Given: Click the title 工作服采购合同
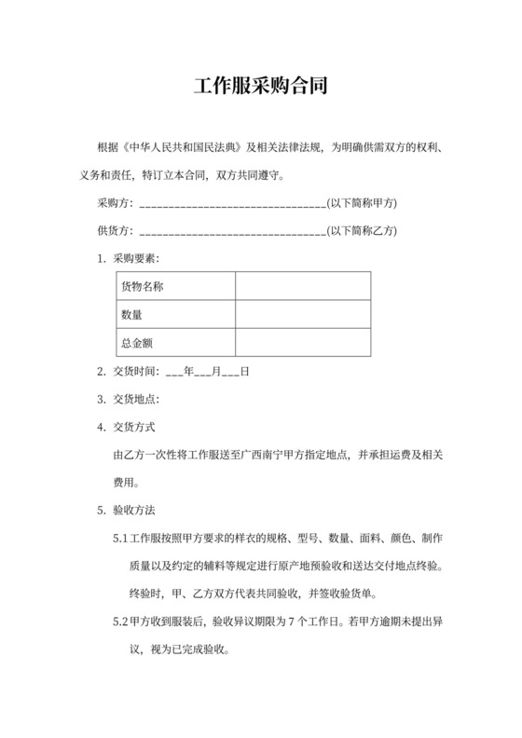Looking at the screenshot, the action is [260, 89].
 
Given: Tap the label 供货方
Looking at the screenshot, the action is [114, 230].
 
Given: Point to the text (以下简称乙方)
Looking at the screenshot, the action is [364, 230].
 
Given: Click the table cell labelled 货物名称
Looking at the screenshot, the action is [176, 286].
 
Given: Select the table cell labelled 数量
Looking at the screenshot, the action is [176, 315].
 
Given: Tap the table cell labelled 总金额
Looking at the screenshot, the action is [176, 344].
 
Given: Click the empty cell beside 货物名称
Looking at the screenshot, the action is [303, 286].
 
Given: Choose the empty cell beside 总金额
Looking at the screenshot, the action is [303, 344].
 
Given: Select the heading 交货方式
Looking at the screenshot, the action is [133, 428].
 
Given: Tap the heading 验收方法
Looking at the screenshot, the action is [133, 511].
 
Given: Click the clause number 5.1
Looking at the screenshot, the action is [119, 539].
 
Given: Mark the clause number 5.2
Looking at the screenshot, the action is [119, 622].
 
